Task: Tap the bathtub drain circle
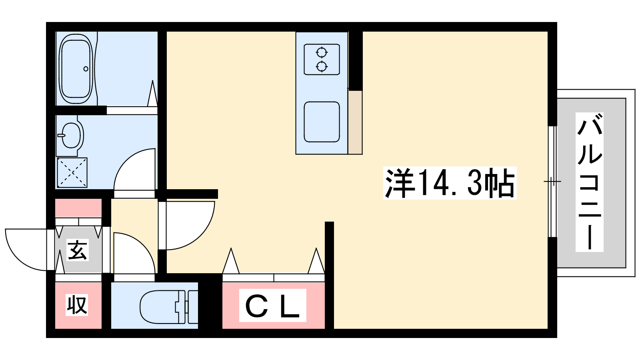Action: coord(86,69)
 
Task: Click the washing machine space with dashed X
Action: coord(72,172)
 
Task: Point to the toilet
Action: coord(168,307)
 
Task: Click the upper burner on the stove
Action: coord(322,52)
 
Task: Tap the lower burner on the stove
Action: coord(322,67)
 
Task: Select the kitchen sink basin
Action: coord(322,122)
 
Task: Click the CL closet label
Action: coord(272,305)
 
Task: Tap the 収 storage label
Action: coord(77,305)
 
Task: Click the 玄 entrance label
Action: coord(78,250)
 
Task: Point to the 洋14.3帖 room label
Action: coord(450,183)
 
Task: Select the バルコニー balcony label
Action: coord(590,182)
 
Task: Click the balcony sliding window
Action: coord(552,182)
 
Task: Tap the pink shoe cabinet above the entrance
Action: coord(78,208)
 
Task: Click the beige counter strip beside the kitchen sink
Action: coord(355,122)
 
